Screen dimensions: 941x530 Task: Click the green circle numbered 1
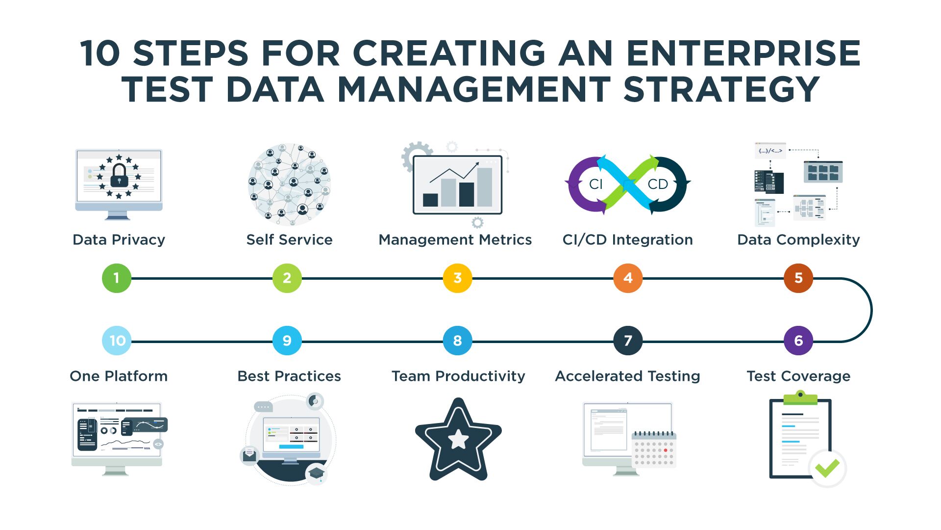coord(117,278)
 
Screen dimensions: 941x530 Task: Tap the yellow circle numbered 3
coord(457,278)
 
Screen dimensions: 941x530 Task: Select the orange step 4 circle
coord(628,278)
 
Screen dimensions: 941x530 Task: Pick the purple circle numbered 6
coord(798,341)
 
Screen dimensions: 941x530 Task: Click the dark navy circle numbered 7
coord(628,341)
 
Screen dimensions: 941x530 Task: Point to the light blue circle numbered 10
coord(117,341)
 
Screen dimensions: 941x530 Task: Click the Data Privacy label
coord(119,240)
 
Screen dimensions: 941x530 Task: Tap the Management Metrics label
coord(455,239)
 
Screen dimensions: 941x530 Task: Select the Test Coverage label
coord(798,376)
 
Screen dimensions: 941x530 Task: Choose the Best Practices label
coord(289,376)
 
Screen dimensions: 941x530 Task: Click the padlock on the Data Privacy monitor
coord(119,175)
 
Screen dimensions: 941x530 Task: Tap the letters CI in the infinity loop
coord(596,184)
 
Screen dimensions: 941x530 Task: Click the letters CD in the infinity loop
coord(658,184)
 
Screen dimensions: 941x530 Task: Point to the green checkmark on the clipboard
coord(827,468)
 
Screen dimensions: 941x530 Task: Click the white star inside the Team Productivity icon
coord(459,439)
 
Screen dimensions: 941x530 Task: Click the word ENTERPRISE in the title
coord(743,53)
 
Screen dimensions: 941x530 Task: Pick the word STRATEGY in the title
coord(721,89)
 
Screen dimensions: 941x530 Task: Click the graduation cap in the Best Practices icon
coord(316,473)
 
